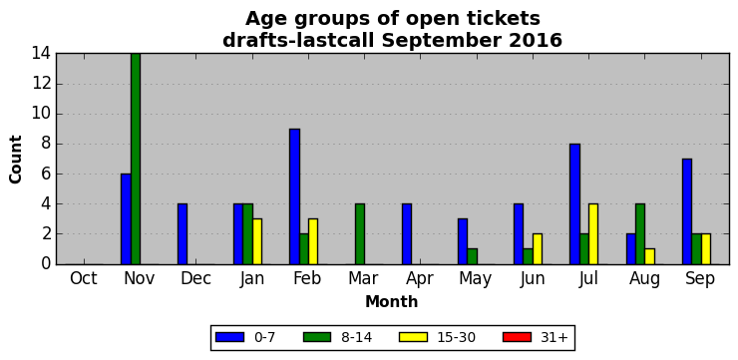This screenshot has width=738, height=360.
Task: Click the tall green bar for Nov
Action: [136, 159]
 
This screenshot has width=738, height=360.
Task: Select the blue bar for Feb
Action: [294, 196]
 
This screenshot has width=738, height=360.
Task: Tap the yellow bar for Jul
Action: [593, 234]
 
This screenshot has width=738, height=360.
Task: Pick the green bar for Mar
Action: [360, 234]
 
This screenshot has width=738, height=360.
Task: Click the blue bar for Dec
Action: [183, 234]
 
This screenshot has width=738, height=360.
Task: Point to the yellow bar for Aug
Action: [649, 256]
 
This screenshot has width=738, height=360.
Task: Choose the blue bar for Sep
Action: [687, 211]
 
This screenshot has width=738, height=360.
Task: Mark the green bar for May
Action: [472, 256]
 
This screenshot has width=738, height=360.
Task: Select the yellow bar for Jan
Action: [257, 241]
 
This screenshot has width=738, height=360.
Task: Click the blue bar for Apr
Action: [407, 234]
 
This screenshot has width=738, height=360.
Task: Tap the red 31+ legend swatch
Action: [517, 337]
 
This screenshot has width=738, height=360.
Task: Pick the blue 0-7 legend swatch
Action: [229, 337]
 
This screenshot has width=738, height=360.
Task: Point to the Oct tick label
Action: [84, 278]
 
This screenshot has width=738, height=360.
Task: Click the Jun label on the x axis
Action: [533, 279]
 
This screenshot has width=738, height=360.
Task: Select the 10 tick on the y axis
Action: [42, 115]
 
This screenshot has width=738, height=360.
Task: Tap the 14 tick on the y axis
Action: [42, 54]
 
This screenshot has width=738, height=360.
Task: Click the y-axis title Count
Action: [16, 160]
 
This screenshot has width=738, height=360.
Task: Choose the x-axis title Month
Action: [392, 301]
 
